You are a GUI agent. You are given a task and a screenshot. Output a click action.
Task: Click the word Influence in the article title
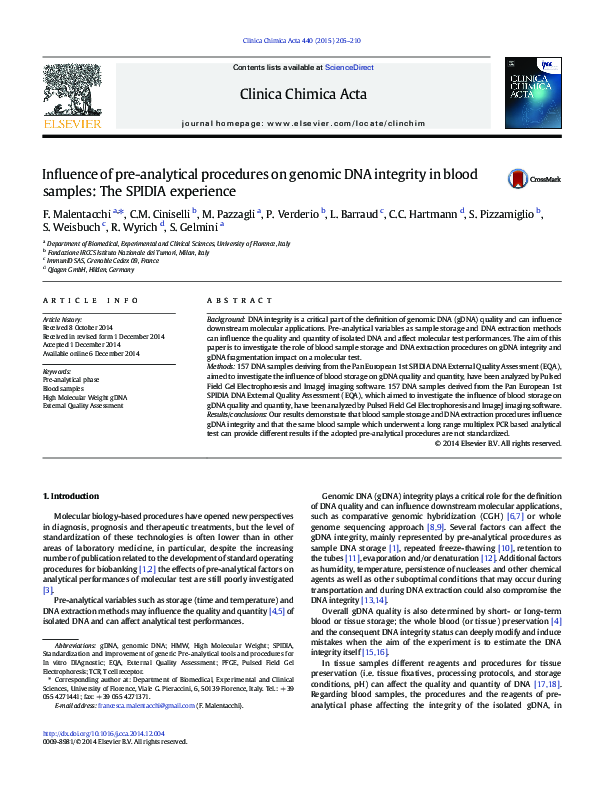coord(70,175)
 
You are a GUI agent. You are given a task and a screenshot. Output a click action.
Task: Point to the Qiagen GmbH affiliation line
coord(77,270)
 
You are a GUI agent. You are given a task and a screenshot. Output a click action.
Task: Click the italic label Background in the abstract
coord(225,315)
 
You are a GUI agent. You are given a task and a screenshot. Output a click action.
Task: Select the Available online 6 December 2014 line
coord(91,353)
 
